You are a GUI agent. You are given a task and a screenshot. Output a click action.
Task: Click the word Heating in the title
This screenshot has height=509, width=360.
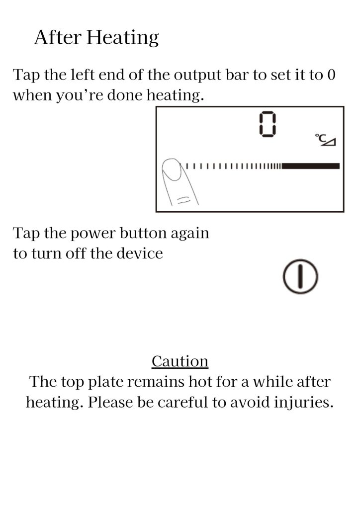click(x=123, y=38)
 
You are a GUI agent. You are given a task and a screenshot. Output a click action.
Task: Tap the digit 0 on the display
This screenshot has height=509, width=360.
click(x=268, y=124)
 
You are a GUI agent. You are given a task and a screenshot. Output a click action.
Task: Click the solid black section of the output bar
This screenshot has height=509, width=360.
click(x=311, y=166)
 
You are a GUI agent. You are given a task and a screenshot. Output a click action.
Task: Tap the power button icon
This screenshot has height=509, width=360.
click(x=300, y=276)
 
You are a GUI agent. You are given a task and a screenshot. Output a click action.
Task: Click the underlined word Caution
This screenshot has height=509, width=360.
click(x=180, y=361)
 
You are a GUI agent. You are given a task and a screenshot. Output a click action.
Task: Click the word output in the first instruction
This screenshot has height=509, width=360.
click(x=193, y=76)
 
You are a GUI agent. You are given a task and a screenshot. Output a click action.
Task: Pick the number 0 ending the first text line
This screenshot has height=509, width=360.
click(x=331, y=75)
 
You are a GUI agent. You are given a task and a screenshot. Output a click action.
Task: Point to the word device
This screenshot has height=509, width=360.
click(x=140, y=253)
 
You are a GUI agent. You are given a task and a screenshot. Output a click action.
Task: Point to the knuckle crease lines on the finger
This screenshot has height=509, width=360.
click(x=183, y=199)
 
